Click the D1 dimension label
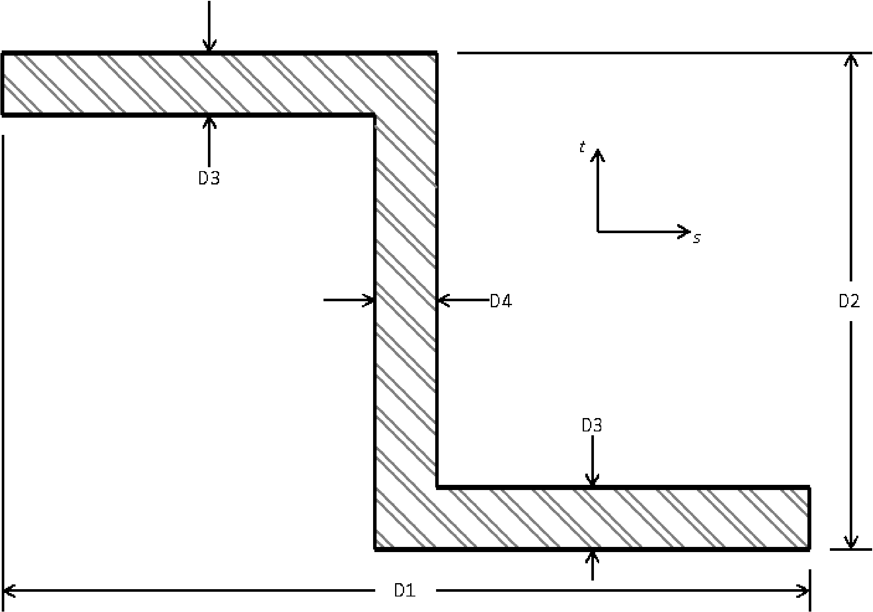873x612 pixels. click(405, 590)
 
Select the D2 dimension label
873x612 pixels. click(849, 301)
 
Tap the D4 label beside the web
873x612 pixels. click(501, 301)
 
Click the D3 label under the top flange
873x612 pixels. click(209, 178)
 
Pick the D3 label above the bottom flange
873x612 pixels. click(591, 425)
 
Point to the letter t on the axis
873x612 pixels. click(582, 148)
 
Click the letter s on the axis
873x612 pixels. click(697, 238)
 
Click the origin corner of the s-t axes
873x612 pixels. click(597, 232)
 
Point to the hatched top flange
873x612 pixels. click(194, 84)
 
